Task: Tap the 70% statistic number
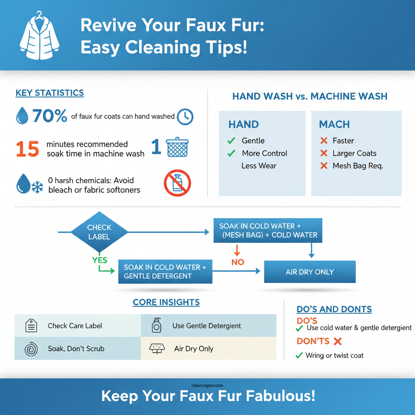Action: click(x=49, y=116)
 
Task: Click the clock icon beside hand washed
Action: click(x=185, y=117)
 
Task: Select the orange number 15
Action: click(x=28, y=149)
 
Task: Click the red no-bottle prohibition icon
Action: click(x=177, y=183)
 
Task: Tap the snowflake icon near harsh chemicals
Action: click(x=37, y=187)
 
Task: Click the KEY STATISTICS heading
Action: click(x=49, y=93)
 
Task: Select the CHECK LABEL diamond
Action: click(x=99, y=232)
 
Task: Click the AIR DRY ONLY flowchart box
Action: click(x=310, y=272)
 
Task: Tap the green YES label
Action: click(x=100, y=260)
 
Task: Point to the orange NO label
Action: click(x=238, y=262)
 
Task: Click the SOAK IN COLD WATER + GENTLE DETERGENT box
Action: click(x=165, y=272)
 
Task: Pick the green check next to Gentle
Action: click(x=231, y=141)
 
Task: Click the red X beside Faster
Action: click(x=323, y=141)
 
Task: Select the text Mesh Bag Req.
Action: click(x=357, y=166)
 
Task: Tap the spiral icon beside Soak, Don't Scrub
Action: click(x=31, y=348)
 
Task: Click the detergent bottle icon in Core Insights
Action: click(x=156, y=325)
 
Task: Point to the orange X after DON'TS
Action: click(x=337, y=341)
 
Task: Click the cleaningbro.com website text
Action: click(x=207, y=386)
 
